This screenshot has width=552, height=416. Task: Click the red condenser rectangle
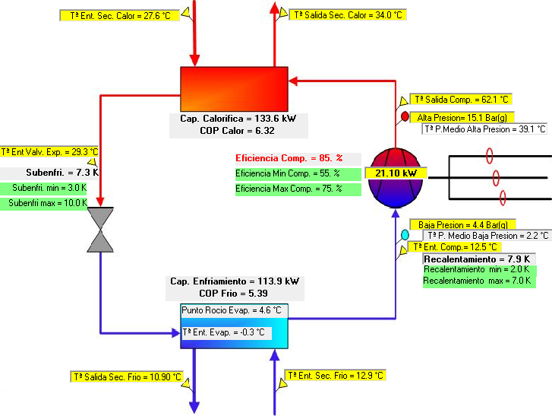tap(234, 89)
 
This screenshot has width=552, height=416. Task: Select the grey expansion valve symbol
tap(100, 230)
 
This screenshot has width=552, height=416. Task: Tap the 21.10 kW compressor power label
tap(396, 173)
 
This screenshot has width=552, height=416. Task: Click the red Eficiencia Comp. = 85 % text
tap(289, 158)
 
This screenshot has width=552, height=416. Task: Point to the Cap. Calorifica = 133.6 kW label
tap(238, 119)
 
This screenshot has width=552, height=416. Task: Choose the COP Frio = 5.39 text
tap(233, 294)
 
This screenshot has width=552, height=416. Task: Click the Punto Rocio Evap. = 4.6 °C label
tap(232, 310)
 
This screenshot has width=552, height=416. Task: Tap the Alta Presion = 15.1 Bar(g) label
tap(462, 117)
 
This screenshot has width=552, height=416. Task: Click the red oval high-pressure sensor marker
tap(405, 116)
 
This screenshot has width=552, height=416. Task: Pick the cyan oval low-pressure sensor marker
tap(405, 234)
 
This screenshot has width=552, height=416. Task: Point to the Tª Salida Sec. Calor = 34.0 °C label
tap(348, 15)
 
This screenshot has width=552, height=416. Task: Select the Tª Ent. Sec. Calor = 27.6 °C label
tap(120, 16)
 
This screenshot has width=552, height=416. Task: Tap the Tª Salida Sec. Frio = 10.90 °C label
tap(127, 377)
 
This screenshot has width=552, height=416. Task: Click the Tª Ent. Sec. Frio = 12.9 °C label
tap(335, 376)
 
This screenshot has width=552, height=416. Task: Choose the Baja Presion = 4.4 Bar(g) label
tap(462, 224)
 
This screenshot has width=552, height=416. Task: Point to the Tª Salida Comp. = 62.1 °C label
tap(461, 100)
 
